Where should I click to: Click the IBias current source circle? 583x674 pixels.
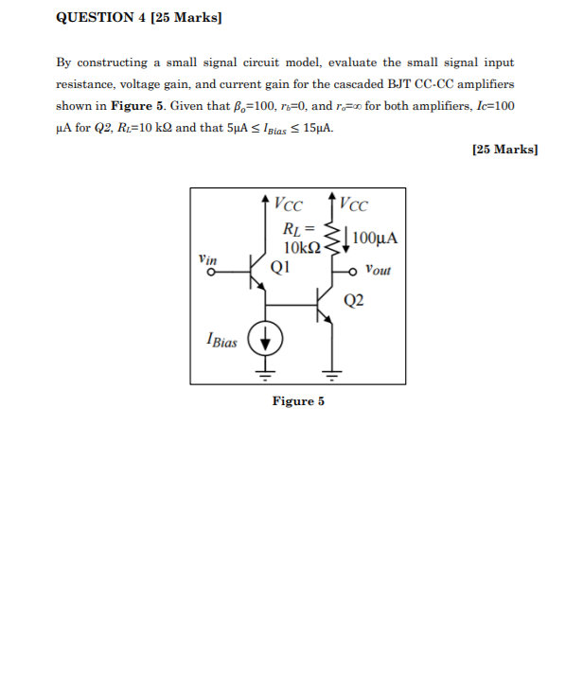coord(265,336)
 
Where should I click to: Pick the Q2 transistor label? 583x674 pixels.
coord(354,301)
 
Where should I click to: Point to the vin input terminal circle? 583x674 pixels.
coord(212,273)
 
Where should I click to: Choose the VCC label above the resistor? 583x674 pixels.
coord(355,204)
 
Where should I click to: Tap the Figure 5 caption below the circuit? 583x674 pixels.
coord(298,401)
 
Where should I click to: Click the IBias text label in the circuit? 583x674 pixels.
coord(221,338)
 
